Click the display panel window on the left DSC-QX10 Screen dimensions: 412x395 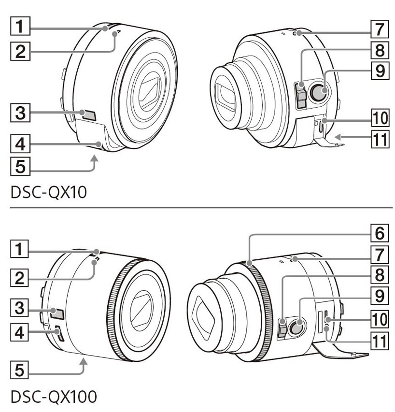point(89,114)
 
